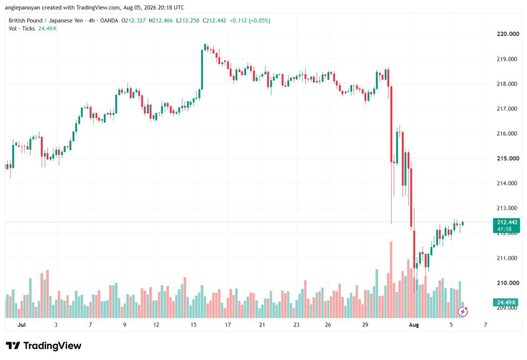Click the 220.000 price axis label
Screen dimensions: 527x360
(507, 33)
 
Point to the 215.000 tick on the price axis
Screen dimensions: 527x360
(507, 159)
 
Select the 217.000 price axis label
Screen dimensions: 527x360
(507, 109)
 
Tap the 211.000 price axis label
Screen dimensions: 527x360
(507, 258)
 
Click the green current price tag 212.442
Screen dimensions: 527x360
(506, 226)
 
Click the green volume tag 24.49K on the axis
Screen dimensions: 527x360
(506, 302)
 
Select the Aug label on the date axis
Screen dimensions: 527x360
(414, 324)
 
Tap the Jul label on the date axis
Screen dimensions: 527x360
(22, 324)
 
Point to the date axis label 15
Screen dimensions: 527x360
(194, 324)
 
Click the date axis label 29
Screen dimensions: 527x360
(365, 324)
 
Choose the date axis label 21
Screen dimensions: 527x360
(262, 324)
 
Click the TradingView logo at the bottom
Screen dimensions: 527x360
(44, 346)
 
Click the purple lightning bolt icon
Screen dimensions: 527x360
(463, 312)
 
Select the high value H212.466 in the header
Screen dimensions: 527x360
(161, 21)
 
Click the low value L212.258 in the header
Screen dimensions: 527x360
(188, 21)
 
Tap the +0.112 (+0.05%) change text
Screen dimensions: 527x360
(250, 21)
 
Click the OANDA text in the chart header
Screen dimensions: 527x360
(109, 21)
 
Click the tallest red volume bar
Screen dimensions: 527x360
(391, 280)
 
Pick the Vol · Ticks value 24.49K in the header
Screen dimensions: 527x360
(47, 29)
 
